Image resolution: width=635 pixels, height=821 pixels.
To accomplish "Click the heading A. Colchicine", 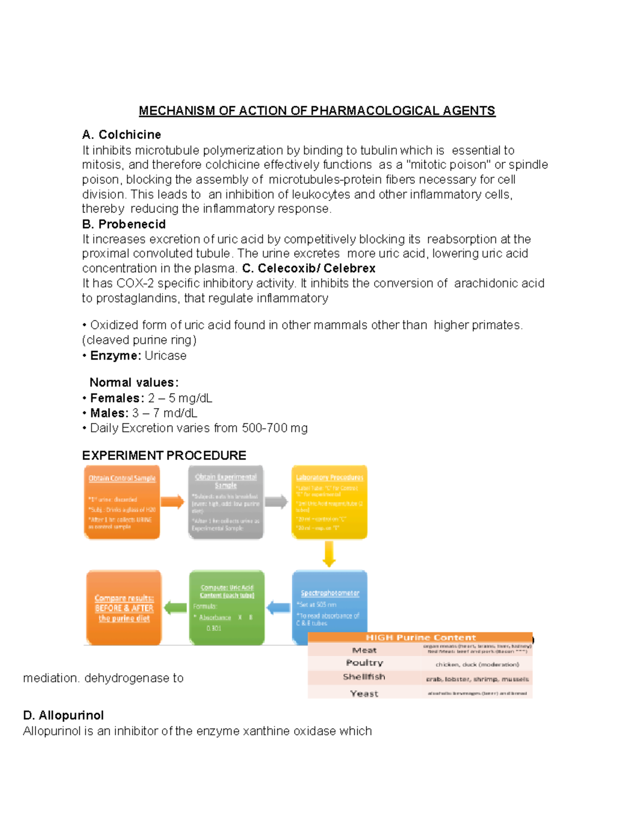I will pos(121,135).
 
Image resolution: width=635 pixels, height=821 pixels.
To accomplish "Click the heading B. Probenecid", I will pos(124,224).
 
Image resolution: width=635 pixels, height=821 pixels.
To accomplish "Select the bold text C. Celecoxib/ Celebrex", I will pos(309,269).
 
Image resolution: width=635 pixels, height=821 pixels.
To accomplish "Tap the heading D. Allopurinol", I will pos(63,715).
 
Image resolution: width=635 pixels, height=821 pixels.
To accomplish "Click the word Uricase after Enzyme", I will pos(166,356).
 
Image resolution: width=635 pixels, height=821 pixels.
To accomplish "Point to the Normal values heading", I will pos(134,382).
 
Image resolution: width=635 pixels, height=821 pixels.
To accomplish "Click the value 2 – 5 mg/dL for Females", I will pos(180,398).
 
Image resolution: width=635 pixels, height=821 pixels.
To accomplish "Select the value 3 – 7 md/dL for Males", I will pos(165,413).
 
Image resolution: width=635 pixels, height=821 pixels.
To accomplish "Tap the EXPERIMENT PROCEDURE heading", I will pos(164,456).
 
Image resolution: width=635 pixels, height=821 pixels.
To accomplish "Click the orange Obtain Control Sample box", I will pos(122,502).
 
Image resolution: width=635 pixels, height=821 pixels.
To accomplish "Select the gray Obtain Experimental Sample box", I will pos(226,502).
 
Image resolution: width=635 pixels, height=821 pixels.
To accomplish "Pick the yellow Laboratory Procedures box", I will pos(329,502).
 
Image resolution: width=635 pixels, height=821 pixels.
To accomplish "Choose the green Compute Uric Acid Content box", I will pos(226,608).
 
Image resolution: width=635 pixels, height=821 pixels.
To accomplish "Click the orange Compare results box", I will pos(124,608).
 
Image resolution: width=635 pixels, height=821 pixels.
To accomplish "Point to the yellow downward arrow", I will pos(329,554).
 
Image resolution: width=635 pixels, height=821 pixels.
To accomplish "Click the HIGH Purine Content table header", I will pos(421,638).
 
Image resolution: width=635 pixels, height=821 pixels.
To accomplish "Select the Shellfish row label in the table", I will pos(364,677).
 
